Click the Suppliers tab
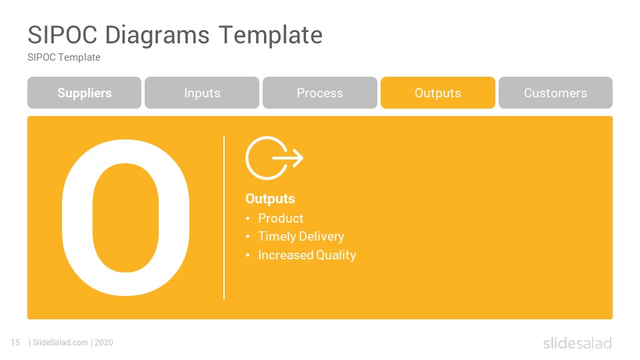pos(85,93)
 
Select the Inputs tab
pos(202,93)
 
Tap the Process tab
pos(320,93)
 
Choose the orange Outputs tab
pos(438,93)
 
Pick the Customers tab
pos(555,93)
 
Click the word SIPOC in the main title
pos(63,35)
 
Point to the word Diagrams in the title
pos(157,36)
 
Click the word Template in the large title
pos(271,36)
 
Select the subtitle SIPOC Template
pos(64,57)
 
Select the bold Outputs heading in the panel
pos(270,199)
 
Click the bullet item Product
pos(281,219)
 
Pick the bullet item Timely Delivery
pos(301,236)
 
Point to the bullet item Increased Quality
pos(307,255)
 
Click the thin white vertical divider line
pos(224,217)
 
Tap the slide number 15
pos(15,343)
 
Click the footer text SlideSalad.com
pos(61,343)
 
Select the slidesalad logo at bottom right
pos(577,343)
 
